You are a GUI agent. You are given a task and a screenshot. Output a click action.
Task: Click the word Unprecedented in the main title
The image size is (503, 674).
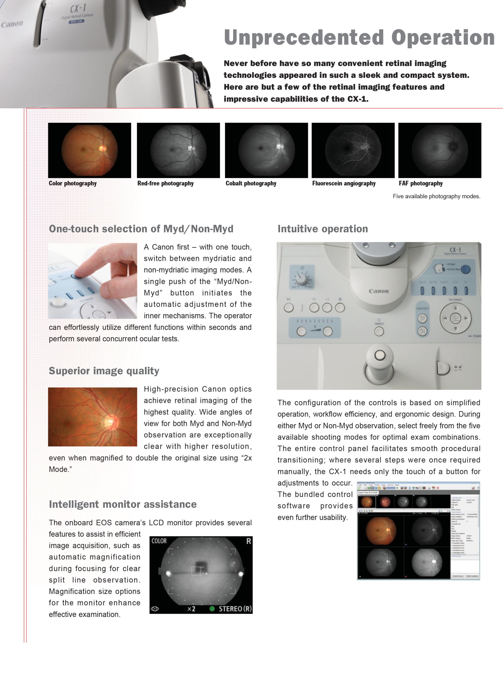(304, 37)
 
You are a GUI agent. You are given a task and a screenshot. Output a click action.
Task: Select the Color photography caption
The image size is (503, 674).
(73, 183)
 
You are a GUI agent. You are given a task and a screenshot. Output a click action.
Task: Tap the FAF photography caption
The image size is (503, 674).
(420, 183)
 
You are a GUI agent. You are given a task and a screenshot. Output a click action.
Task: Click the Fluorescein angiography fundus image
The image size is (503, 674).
(353, 150)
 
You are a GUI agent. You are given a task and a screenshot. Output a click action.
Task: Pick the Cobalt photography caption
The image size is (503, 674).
(251, 183)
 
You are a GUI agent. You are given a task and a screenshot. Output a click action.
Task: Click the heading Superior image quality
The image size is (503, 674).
(104, 371)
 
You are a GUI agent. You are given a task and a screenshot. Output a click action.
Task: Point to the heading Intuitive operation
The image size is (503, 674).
(322, 229)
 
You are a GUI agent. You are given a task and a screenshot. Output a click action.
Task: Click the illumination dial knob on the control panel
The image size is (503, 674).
(302, 278)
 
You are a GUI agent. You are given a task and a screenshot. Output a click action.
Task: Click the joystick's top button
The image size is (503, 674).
(379, 355)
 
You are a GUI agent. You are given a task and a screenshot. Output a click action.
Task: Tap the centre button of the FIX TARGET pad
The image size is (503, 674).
(455, 318)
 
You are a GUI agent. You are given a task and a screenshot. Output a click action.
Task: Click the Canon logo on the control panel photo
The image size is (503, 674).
(379, 291)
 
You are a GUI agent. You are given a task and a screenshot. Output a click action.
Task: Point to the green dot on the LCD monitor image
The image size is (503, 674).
(212, 609)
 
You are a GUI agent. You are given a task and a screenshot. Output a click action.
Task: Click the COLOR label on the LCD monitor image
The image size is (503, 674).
(159, 541)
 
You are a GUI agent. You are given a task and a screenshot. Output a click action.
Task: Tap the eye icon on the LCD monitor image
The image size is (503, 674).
(155, 609)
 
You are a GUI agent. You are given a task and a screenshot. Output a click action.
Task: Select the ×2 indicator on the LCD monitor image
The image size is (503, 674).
(191, 609)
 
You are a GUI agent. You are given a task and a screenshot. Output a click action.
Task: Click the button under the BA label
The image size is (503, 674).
(289, 308)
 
